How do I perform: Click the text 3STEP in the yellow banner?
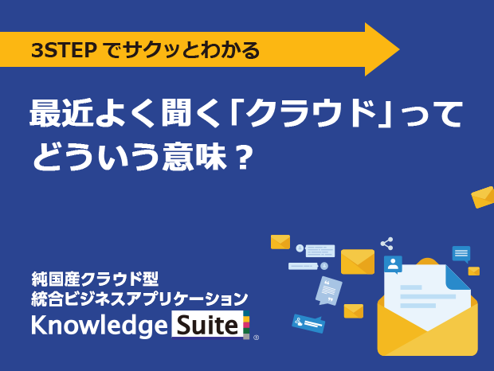point(64,50)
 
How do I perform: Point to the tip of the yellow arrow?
point(399,49)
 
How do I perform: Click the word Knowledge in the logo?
point(100,326)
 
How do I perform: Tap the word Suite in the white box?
point(207,325)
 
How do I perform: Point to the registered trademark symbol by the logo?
point(256,338)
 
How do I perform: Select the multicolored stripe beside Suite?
point(246,325)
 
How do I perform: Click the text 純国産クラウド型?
point(95,279)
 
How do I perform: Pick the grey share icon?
point(387,244)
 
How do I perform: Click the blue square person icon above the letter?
point(393,264)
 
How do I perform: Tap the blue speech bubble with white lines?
point(461,254)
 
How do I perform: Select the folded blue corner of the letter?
point(458,277)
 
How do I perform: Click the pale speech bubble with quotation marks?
point(328,291)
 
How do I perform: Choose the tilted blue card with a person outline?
point(308,323)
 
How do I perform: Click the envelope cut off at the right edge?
point(483,197)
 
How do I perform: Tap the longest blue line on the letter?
point(428,296)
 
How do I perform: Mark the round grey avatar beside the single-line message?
point(324,266)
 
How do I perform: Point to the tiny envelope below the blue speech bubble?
point(474,271)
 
